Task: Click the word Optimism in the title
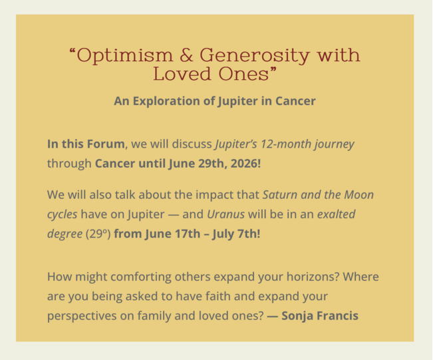click(x=124, y=56)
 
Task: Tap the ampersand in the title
click(x=186, y=55)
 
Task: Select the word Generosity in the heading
click(x=254, y=56)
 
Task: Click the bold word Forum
click(x=106, y=144)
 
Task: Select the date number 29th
click(x=213, y=164)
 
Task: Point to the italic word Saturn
click(x=280, y=195)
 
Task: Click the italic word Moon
click(x=359, y=195)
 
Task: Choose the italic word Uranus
click(x=225, y=214)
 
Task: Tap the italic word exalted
click(x=336, y=214)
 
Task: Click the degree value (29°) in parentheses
click(x=98, y=234)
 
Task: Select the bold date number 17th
click(x=188, y=234)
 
